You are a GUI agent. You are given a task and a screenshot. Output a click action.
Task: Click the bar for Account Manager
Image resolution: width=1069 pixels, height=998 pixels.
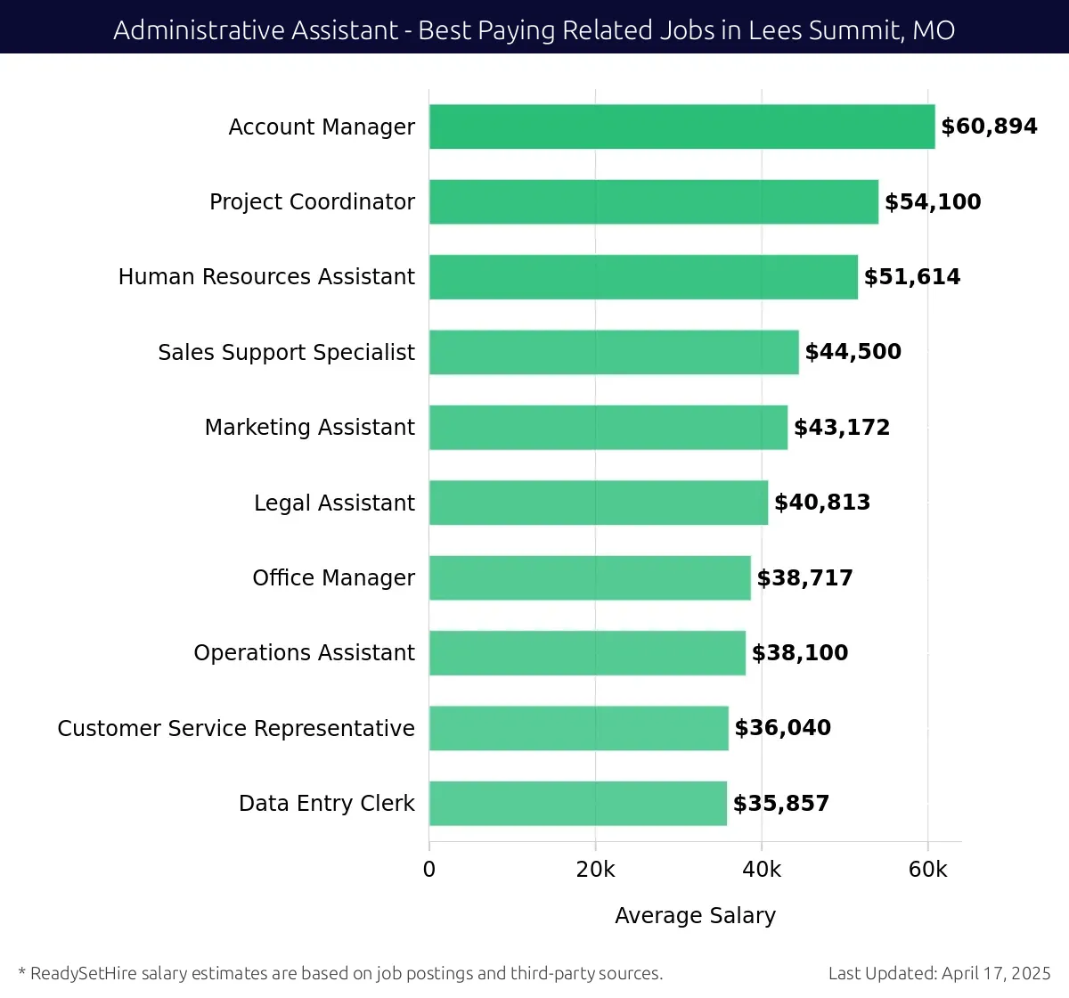681,127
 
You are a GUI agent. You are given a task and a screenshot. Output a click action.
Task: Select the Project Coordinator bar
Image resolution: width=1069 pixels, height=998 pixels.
653,201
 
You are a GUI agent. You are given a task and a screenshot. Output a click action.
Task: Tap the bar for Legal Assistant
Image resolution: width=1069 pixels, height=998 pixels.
598,503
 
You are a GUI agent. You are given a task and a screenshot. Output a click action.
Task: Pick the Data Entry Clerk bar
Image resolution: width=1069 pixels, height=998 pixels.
577,803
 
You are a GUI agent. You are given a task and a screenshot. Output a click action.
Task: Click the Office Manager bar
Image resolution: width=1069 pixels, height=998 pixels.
589,577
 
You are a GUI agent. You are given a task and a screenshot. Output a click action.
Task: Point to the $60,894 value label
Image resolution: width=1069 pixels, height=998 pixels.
989,127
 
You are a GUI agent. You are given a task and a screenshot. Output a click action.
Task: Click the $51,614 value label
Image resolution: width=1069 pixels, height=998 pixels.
912,276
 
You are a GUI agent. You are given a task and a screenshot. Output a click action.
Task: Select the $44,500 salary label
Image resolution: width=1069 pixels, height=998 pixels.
853,352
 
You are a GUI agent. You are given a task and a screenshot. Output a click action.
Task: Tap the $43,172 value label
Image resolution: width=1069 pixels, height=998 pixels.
842,427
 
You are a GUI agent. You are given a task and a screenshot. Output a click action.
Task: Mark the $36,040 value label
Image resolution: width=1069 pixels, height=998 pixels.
782,728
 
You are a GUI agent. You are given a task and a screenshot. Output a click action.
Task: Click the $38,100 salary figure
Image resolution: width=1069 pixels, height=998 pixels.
800,652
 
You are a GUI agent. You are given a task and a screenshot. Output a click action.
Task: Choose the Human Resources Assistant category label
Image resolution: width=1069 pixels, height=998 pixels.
266,276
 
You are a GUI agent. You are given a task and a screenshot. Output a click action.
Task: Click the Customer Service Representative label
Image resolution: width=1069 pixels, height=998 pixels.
236,728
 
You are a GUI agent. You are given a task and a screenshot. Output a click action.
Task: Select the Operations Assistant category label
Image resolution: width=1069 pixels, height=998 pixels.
304,652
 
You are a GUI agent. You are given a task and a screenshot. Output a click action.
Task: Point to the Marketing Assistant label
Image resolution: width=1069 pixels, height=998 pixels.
309,427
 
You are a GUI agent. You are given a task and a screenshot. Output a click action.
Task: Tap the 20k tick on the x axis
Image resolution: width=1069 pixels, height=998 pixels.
595,870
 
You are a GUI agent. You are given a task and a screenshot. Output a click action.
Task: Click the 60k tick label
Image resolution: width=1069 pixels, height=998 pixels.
927,870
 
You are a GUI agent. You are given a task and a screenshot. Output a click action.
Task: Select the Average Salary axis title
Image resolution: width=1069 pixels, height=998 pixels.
695,915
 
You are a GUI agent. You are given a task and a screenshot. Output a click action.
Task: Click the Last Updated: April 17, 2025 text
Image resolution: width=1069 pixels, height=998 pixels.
939,973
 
